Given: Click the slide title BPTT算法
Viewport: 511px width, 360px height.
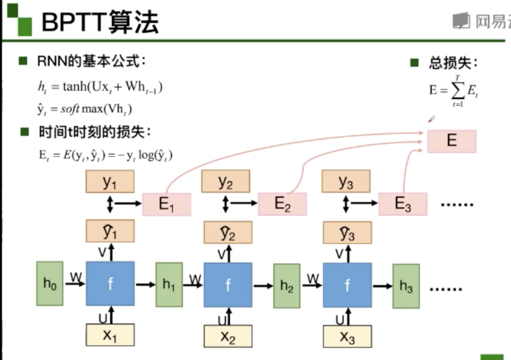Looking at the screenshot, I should coord(100,22).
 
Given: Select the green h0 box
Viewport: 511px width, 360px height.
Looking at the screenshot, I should coord(50,284).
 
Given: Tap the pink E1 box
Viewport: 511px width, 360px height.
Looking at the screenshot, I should coord(167,204).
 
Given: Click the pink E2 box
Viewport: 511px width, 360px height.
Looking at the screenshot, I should coord(282,204).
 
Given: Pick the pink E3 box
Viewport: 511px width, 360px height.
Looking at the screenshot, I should coord(402,204).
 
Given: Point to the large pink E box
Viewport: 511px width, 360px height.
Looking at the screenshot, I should coord(452,141).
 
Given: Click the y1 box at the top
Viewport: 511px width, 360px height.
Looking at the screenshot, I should coord(110,182).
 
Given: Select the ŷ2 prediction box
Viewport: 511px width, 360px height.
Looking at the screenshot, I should coord(228,232).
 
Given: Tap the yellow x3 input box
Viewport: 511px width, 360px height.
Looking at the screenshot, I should coord(347,337).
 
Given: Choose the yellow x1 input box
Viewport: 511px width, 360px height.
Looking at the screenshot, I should coord(110,335).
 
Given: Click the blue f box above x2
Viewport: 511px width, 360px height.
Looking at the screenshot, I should coord(228,285).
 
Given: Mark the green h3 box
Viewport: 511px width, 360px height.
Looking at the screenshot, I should coord(406,286).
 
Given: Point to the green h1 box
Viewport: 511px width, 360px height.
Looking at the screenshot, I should coord(169,285).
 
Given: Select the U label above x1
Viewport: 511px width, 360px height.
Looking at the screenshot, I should coord(103,318).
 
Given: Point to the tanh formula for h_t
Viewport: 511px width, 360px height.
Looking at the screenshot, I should coord(100,87).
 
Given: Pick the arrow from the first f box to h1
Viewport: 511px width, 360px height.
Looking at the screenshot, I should coord(145,285).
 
